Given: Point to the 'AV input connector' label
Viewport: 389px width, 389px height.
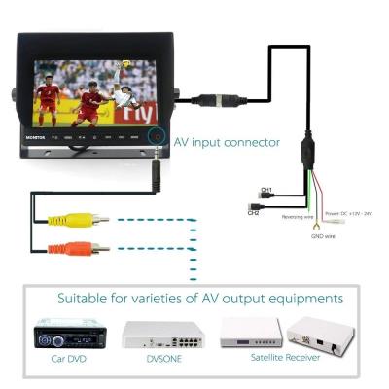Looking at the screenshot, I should pyautogui.click(x=227, y=141).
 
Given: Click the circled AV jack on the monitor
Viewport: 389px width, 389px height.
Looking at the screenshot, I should pyautogui.click(x=156, y=138).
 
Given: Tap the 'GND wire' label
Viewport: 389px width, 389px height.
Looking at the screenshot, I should pyautogui.click(x=323, y=235).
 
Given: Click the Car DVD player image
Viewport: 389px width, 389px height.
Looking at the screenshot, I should pyautogui.click(x=68, y=336).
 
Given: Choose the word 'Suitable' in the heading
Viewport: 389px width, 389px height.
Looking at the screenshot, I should pyautogui.click(x=88, y=298).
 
